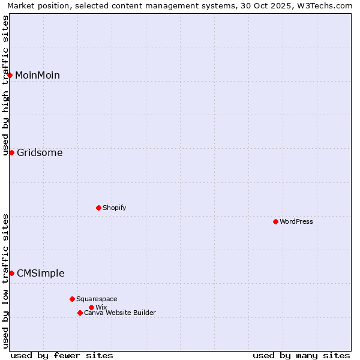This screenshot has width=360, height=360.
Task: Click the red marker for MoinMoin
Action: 10,75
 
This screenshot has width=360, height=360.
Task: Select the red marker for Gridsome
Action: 11,152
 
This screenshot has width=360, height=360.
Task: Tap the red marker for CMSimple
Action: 11,273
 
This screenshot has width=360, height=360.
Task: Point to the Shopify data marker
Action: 99,208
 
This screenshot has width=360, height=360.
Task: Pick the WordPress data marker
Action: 275,221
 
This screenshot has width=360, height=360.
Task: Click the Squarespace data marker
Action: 72,299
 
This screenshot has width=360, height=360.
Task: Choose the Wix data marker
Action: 91,307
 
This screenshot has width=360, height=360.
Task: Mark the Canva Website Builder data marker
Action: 80,313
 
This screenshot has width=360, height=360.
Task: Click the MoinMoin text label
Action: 37,75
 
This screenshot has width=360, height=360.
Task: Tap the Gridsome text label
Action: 40,152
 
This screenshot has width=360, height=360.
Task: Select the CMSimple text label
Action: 40,273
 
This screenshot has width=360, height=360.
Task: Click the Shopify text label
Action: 114,208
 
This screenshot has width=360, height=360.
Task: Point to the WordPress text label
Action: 296,221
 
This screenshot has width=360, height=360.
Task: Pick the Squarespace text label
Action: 97,299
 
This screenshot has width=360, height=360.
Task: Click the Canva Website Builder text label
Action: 120,313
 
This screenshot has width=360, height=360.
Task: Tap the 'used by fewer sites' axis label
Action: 62,355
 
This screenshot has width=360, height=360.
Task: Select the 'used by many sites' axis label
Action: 301,355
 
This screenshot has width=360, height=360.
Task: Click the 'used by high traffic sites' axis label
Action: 5,85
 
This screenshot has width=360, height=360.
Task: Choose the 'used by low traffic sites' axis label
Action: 5,281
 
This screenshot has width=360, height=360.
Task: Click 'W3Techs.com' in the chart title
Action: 326,5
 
